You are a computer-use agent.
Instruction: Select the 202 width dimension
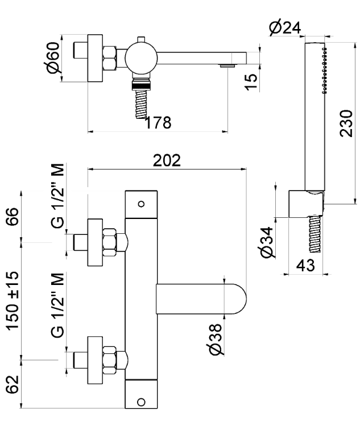[x=167, y=160]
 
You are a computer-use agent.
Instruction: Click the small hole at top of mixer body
[x=142, y=203]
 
